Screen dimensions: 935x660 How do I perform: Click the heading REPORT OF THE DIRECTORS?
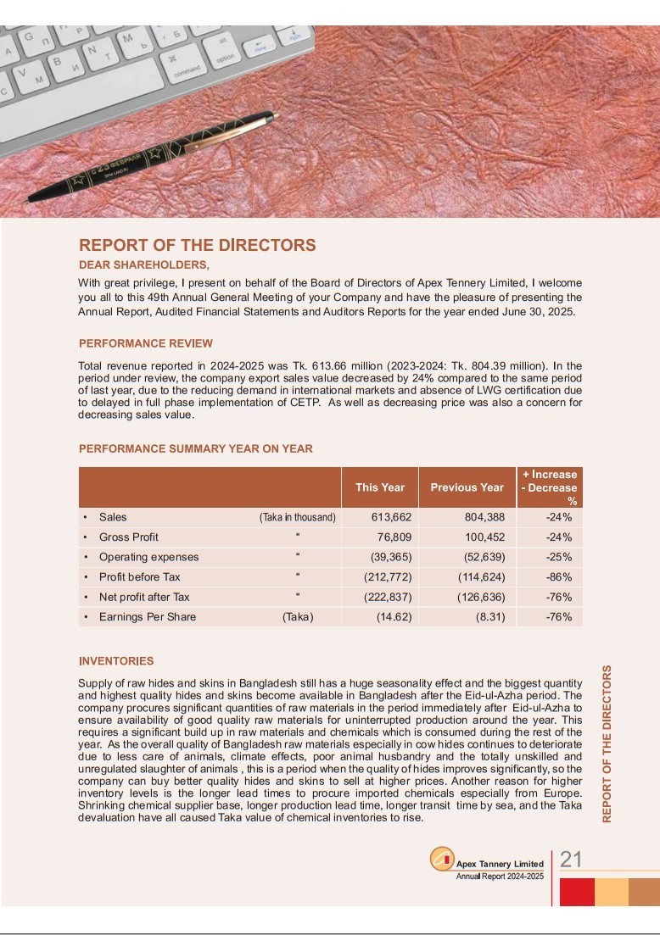pyautogui.click(x=197, y=246)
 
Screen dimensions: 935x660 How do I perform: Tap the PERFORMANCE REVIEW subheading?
pyautogui.click(x=146, y=344)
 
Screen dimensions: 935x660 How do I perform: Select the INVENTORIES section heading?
pyautogui.click(x=116, y=661)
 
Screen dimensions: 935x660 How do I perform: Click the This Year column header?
pyautogui.click(x=379, y=487)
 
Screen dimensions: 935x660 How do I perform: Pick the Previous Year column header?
pyautogui.click(x=467, y=487)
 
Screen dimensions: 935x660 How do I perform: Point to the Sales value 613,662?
pyautogui.click(x=392, y=517)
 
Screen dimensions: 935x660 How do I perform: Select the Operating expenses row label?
pyautogui.click(x=148, y=558)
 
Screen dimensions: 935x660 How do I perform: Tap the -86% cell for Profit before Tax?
pyautogui.click(x=558, y=577)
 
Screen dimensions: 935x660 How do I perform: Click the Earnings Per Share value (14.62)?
pyautogui.click(x=394, y=617)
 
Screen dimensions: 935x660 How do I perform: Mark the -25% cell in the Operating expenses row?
pyautogui.click(x=558, y=558)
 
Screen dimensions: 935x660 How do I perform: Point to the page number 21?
pyautogui.click(x=571, y=860)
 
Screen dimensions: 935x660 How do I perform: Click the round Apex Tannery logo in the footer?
pyautogui.click(x=441, y=860)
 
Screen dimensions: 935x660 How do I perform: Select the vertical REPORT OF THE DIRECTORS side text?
pyautogui.click(x=607, y=743)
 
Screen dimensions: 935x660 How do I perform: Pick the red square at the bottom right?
pyautogui.click(x=577, y=892)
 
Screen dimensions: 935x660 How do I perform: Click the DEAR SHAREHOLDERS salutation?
pyautogui.click(x=143, y=265)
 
